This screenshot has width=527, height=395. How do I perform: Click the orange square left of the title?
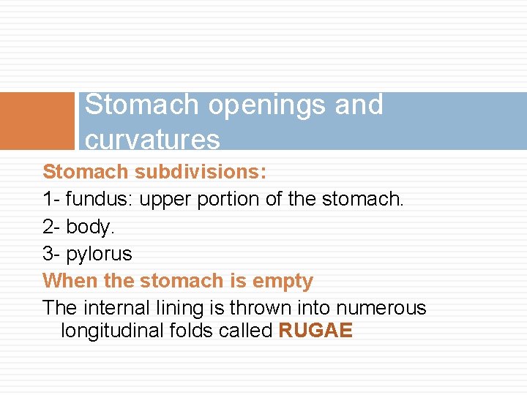click(x=37, y=121)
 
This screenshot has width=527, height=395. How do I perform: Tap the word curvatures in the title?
click(x=152, y=139)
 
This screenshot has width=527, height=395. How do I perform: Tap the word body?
click(x=90, y=227)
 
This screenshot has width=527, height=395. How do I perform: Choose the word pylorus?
click(x=100, y=255)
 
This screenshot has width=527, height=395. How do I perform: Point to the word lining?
click(x=176, y=308)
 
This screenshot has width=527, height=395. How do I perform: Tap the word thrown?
click(x=259, y=308)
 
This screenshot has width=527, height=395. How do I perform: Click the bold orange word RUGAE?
click(x=315, y=331)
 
